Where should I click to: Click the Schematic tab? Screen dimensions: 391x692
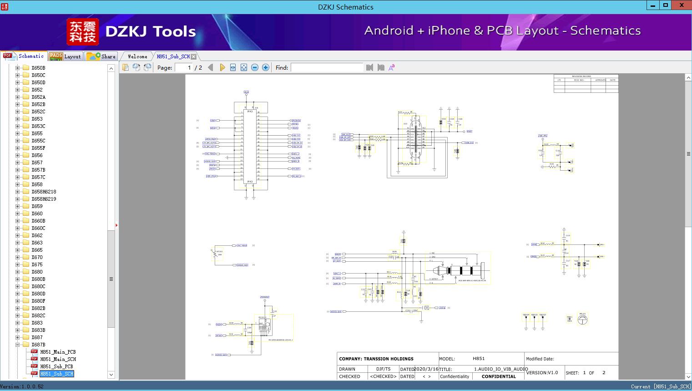(24, 56)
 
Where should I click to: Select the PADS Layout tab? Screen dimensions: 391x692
(65, 56)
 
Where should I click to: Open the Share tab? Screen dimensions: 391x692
(102, 56)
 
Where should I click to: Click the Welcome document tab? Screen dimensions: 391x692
(137, 56)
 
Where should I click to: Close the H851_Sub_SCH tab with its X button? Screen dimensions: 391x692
(194, 56)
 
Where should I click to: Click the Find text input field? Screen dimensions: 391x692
(327, 67)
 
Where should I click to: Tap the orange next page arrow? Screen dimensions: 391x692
(222, 67)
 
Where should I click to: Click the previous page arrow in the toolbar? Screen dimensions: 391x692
(210, 67)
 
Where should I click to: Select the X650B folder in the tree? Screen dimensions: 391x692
(38, 68)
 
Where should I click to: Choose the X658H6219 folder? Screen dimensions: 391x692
(44, 199)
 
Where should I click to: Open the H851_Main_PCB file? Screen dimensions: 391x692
(58, 352)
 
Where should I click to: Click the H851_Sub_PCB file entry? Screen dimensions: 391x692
(56, 366)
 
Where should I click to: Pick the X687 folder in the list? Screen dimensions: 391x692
(37, 337)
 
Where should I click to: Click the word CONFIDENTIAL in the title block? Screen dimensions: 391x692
(499, 376)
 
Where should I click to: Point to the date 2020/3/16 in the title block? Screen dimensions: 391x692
(426, 369)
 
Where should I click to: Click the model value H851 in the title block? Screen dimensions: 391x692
(479, 359)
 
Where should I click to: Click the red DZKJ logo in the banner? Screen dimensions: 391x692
(82, 32)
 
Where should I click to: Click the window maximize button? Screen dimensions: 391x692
(666, 5)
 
